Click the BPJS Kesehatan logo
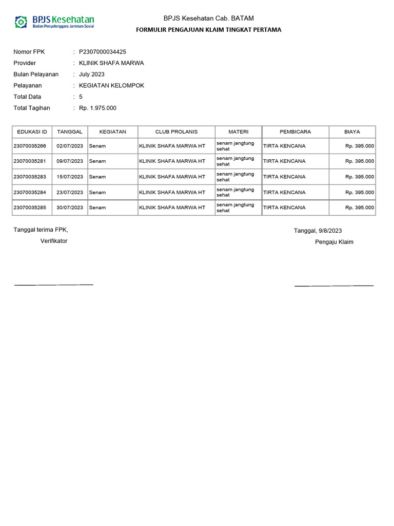pyautogui.click(x=54, y=22)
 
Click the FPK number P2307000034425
pyautogui.click(x=103, y=52)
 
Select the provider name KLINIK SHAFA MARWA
pyautogui.click(x=111, y=63)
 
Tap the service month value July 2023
pyautogui.click(x=92, y=74)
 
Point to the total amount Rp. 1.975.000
pyautogui.click(x=97, y=108)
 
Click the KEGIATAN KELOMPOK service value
pyautogui.click(x=111, y=86)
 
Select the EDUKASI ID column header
pyautogui.click(x=32, y=132)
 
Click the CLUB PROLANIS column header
pyautogui.click(x=176, y=132)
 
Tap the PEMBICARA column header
pyautogui.click(x=295, y=132)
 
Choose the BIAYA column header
pyautogui.click(x=352, y=132)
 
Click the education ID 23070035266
pyautogui.click(x=30, y=146)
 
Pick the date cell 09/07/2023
pyautogui.click(x=70, y=161)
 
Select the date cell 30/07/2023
pyautogui.click(x=70, y=208)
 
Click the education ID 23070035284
pyautogui.click(x=30, y=192)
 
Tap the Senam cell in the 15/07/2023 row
pyautogui.click(x=97, y=177)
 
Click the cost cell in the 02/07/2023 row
pyautogui.click(x=360, y=146)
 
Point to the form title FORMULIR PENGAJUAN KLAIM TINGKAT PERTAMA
pyautogui.click(x=208, y=30)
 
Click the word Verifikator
pyautogui.click(x=54, y=241)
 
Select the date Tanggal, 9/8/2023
pyautogui.click(x=318, y=231)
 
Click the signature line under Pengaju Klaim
pyautogui.click(x=334, y=285)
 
